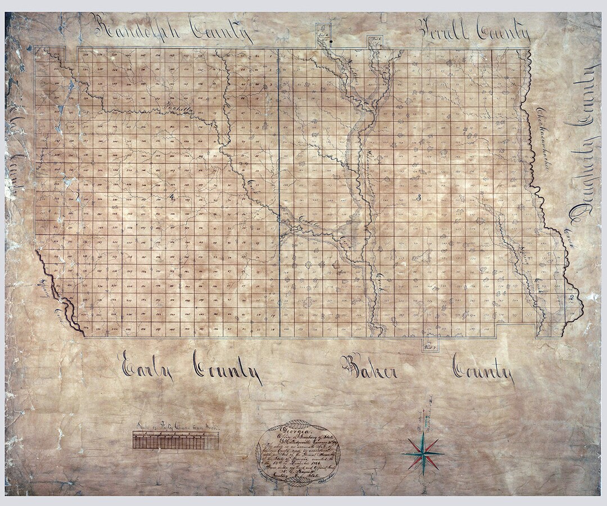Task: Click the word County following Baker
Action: (483, 371)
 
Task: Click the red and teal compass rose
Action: (423, 454)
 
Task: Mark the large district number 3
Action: (419, 196)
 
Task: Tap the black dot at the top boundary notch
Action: (331, 41)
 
